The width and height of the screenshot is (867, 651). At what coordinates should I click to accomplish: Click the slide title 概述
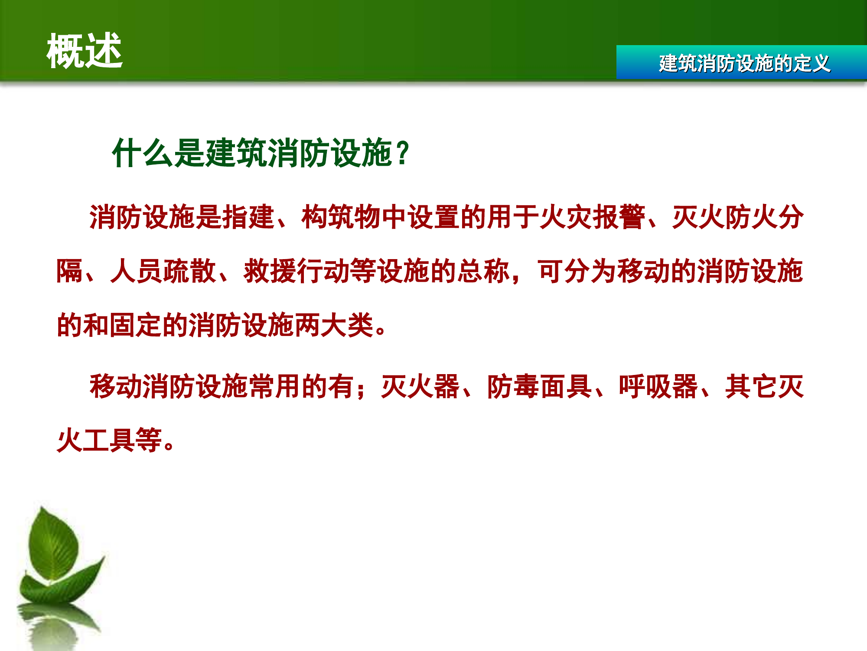(x=85, y=51)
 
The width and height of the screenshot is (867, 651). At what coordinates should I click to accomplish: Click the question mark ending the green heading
(x=403, y=153)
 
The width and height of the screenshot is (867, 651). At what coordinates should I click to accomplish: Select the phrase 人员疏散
(x=163, y=271)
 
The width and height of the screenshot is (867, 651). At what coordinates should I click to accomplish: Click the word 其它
(x=751, y=386)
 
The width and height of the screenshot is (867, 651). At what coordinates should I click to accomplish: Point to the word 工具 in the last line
(x=109, y=440)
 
